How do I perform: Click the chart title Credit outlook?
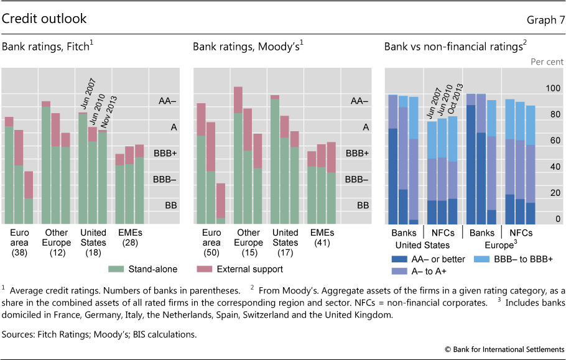pos(44,19)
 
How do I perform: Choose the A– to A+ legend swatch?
pos(402,271)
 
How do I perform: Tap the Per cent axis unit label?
pos(547,62)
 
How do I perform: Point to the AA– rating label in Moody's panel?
pos(359,101)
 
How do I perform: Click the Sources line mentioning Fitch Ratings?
pos(100,335)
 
